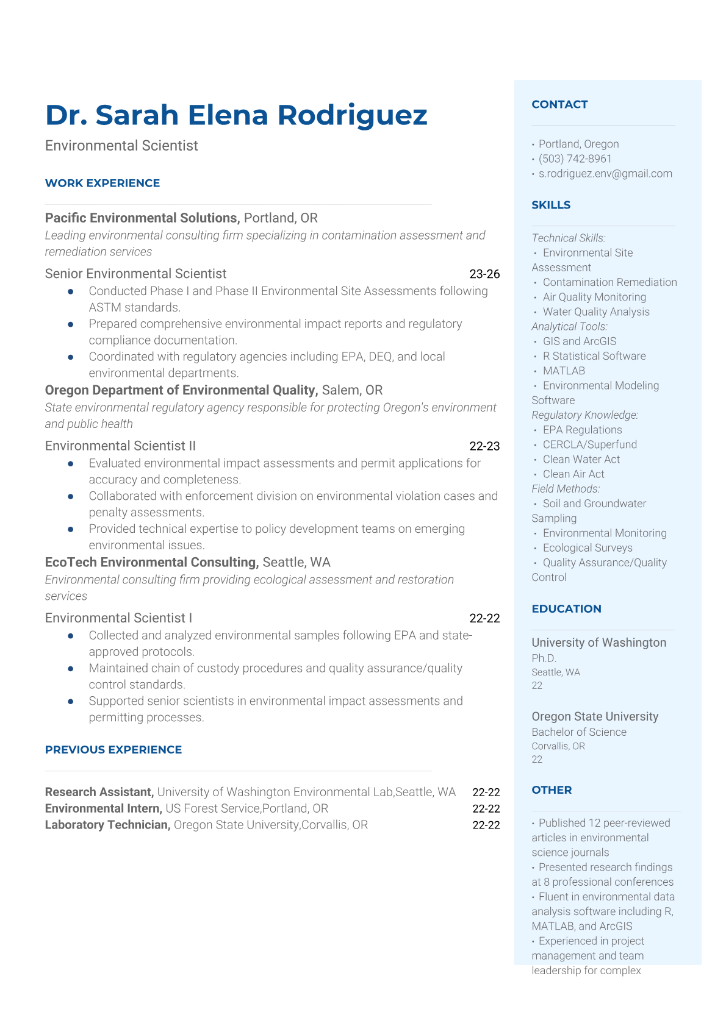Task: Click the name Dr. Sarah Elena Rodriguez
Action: click(x=236, y=115)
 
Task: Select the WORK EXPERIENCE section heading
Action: click(x=102, y=183)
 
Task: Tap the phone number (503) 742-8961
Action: click(x=575, y=159)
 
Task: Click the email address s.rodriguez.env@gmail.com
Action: click(x=605, y=173)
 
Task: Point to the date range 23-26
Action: click(x=484, y=274)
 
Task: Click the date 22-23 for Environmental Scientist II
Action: click(x=484, y=446)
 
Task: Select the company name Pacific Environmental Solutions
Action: click(x=142, y=218)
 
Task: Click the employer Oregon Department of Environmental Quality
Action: click(x=181, y=390)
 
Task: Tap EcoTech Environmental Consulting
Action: click(x=152, y=562)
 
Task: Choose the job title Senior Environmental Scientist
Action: click(x=135, y=274)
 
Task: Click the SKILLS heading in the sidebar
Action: click(x=551, y=205)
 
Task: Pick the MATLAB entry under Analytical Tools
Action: click(x=564, y=371)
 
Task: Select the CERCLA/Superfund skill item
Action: click(x=589, y=444)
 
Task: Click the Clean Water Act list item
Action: click(x=581, y=459)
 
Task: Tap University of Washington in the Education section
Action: click(x=598, y=643)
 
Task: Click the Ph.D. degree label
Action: click(x=544, y=658)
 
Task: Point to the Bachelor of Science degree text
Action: click(x=578, y=732)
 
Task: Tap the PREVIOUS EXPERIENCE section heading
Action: click(x=113, y=749)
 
